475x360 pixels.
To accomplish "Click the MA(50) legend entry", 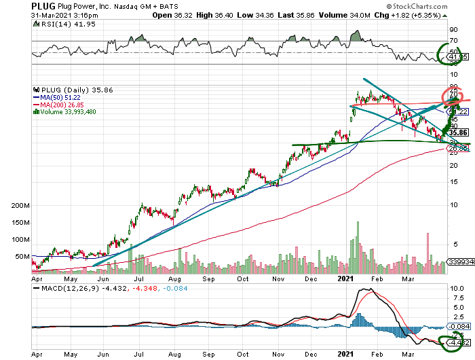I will click(x=60, y=96).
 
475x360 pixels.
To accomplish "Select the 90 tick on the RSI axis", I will click(x=452, y=29).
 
